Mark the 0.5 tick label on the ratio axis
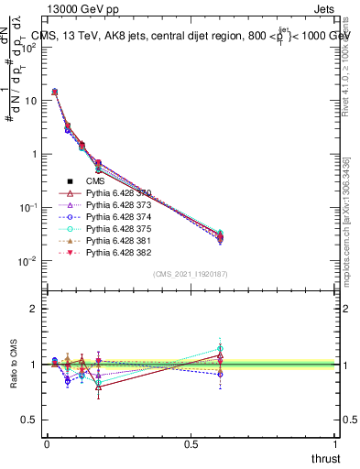(x=27, y=420)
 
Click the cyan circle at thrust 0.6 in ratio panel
(x=220, y=349)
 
